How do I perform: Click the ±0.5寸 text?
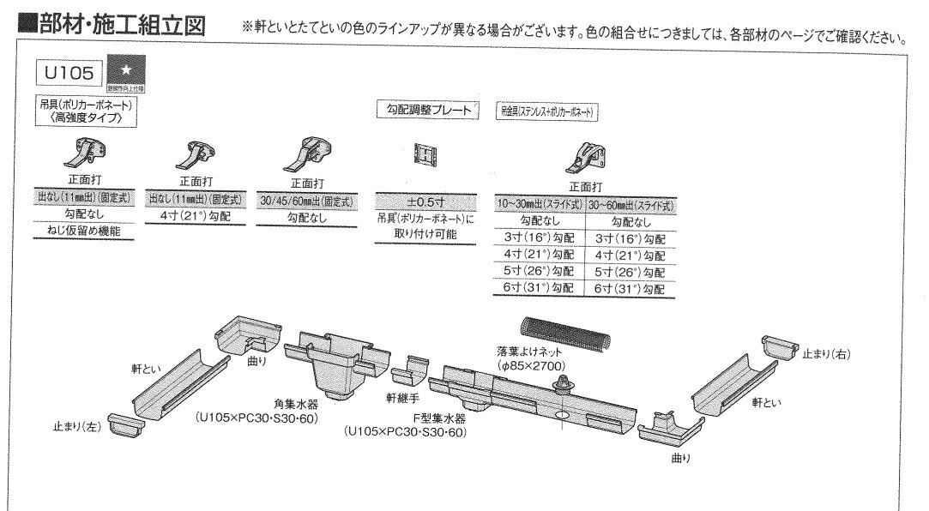coord(425,201)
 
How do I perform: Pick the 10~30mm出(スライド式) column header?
coord(540,206)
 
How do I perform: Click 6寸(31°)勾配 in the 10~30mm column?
coord(540,288)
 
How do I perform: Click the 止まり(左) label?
coord(76,428)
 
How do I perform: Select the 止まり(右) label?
coord(826,352)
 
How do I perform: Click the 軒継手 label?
coord(402,398)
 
